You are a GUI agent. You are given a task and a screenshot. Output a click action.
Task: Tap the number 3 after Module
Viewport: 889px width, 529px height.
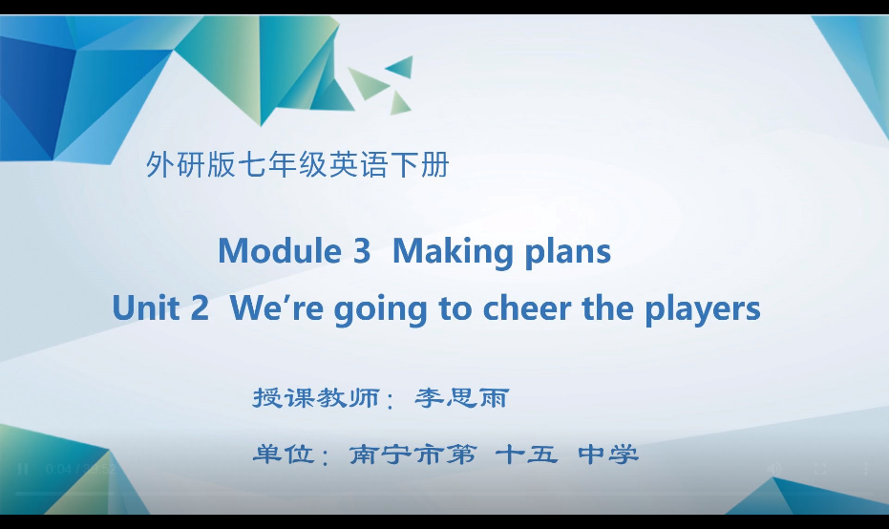point(361,251)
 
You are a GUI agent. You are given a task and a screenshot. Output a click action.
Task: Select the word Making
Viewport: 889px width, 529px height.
point(453,252)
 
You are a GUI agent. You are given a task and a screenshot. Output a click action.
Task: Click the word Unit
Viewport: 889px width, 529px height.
point(146,308)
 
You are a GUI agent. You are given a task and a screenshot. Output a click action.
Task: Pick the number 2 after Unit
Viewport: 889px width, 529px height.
point(200,308)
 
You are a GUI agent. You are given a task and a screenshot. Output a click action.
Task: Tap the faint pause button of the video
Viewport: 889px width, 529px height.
point(24,469)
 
